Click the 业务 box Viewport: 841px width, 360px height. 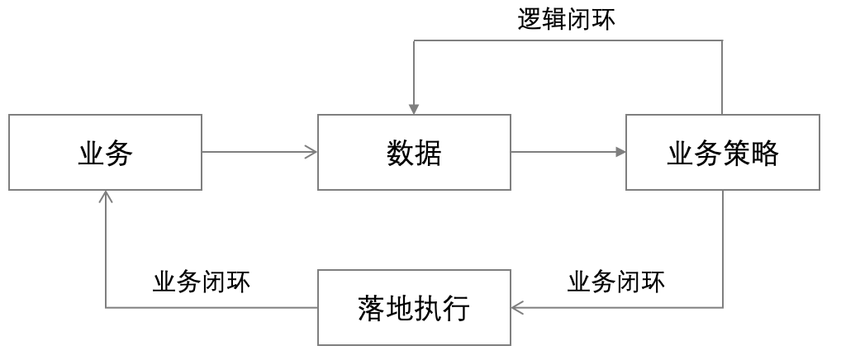click(x=106, y=153)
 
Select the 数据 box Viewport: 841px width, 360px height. click(x=414, y=153)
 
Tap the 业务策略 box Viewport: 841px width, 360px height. click(x=723, y=153)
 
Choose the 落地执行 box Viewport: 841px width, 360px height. click(x=414, y=308)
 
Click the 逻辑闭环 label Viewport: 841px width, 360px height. click(x=566, y=20)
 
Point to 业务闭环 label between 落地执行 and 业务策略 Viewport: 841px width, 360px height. click(x=615, y=282)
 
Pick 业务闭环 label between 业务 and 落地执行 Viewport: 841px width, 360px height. click(x=202, y=282)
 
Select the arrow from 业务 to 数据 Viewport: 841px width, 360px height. click(x=259, y=152)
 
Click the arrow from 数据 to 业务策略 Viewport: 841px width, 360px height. click(x=568, y=152)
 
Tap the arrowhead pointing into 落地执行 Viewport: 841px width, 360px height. click(x=517, y=308)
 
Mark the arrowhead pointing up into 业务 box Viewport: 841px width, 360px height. click(x=106, y=197)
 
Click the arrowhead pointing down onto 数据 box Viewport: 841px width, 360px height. click(x=414, y=110)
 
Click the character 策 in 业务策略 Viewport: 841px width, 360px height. click(x=737, y=154)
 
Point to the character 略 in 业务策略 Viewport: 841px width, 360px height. click(x=765, y=154)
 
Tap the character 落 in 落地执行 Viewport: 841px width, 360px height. click(x=372, y=308)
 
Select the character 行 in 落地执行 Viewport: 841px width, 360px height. click(x=456, y=308)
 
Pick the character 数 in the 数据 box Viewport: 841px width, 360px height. click(x=400, y=153)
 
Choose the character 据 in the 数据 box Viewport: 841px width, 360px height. click(x=428, y=153)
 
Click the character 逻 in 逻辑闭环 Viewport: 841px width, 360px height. click(x=530, y=20)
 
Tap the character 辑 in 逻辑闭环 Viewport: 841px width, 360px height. click(x=554, y=20)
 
